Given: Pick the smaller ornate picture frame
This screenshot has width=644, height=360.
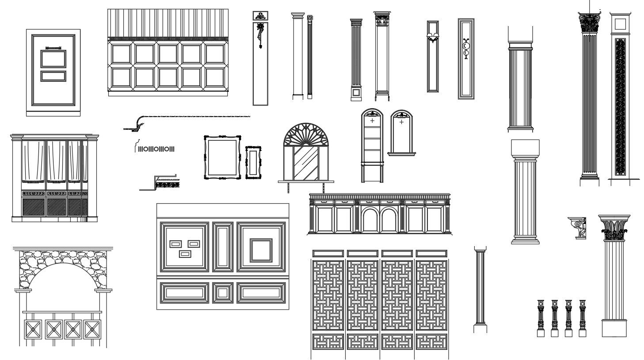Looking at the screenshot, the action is tap(253, 162).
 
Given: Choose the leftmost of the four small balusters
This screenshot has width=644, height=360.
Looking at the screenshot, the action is tap(540, 317).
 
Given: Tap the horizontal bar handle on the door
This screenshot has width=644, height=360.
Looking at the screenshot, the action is tap(53, 47).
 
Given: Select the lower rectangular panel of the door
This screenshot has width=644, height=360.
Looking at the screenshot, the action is tap(53, 76).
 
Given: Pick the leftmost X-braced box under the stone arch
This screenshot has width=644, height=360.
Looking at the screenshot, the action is tap(32, 330).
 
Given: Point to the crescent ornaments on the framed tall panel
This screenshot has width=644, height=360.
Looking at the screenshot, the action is tap(465, 49).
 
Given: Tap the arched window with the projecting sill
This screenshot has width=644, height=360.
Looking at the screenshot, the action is tap(401, 133).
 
